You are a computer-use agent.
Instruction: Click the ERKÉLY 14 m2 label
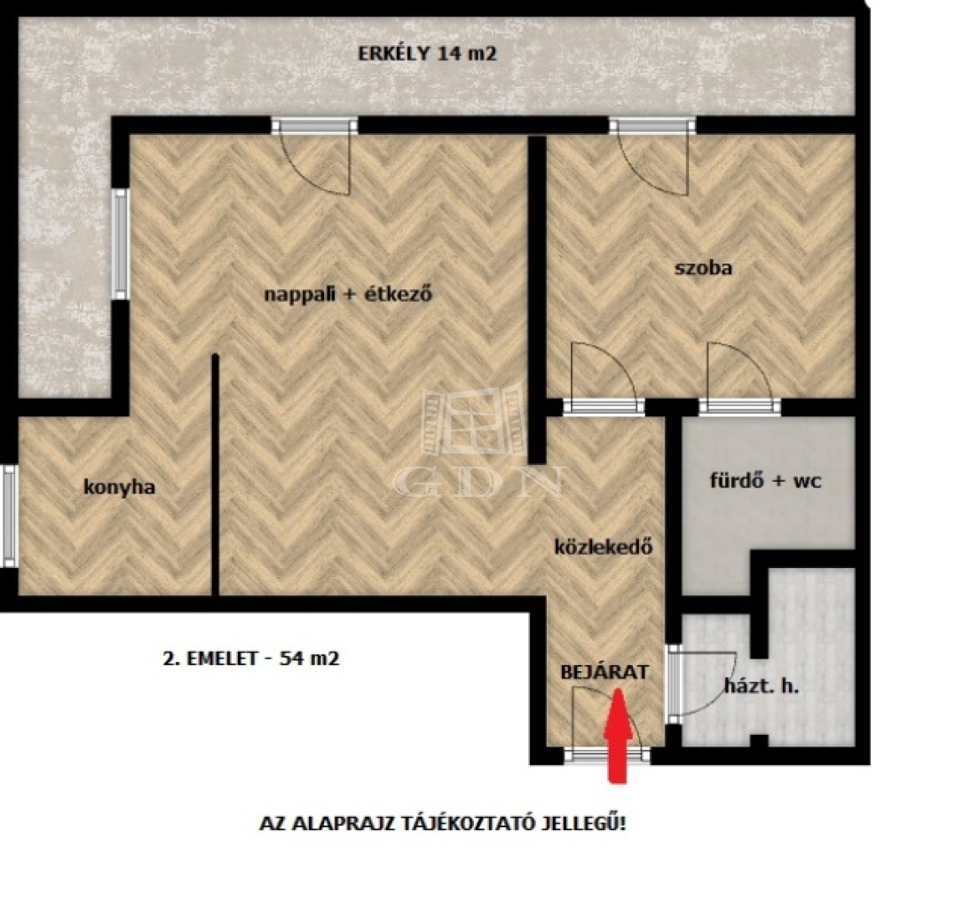427,53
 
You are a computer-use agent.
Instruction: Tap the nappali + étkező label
348,294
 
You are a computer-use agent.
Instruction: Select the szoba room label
703,268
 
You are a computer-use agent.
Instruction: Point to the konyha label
119,487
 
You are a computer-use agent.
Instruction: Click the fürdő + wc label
765,479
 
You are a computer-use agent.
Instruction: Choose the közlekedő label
604,546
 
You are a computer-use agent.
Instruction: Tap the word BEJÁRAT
604,672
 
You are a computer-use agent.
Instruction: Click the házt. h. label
762,685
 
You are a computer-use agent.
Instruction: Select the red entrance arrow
618,736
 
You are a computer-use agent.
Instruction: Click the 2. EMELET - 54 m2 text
251,659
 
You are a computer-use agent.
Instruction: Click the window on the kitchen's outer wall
9,516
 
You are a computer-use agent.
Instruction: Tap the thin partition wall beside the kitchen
216,475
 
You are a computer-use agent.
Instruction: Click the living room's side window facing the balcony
121,244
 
